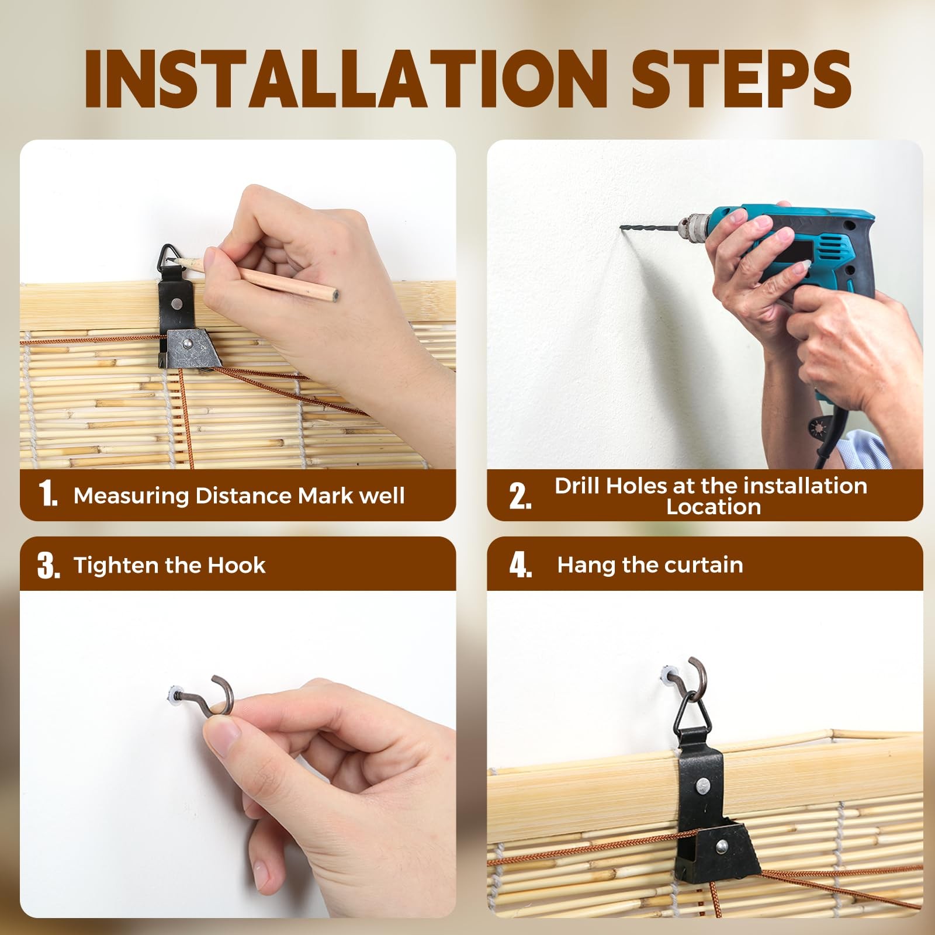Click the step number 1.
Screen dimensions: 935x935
[47, 494]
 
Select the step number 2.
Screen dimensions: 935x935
[520, 496]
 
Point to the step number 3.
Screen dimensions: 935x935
[49, 565]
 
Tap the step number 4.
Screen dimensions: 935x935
[520, 565]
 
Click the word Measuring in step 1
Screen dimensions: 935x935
[131, 496]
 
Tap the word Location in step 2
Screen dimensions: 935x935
[714, 507]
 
